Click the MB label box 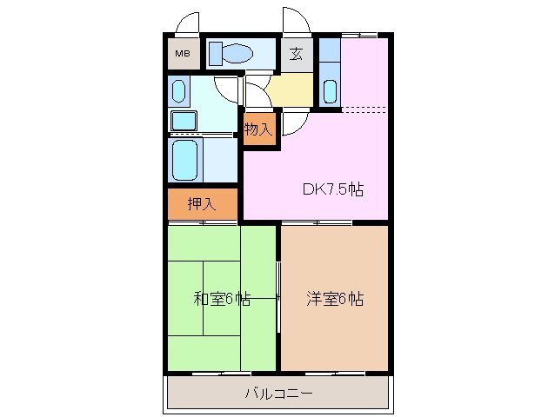183,54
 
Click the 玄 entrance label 296,54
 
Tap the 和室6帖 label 222,299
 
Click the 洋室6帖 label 334,299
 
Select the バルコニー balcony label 277,394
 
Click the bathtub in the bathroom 185,160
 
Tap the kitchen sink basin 330,89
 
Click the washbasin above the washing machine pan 179,90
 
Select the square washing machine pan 184,120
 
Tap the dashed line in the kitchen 364,109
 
